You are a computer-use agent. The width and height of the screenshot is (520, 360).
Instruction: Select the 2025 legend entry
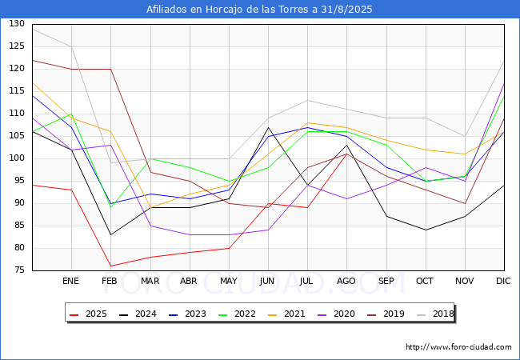(88, 314)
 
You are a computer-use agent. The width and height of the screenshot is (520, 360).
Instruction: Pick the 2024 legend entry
(138, 314)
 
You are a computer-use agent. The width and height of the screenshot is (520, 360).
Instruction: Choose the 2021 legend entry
(286, 314)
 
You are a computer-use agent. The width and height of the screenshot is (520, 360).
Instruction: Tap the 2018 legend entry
(435, 314)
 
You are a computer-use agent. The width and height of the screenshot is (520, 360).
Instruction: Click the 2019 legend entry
(386, 314)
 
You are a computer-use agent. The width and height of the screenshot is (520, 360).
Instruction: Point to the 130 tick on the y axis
(17, 23)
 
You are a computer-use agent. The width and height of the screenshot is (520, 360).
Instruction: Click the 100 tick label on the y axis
(17, 158)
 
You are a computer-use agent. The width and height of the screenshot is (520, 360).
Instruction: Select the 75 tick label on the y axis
(19, 270)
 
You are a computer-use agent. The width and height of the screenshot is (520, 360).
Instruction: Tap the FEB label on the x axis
(110, 281)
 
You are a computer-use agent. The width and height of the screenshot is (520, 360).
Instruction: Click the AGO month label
(346, 281)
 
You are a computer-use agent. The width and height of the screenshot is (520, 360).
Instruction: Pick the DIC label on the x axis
(503, 281)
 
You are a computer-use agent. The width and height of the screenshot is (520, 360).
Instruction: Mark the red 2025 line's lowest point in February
(110, 266)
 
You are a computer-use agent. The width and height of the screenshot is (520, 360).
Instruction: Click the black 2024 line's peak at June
(268, 127)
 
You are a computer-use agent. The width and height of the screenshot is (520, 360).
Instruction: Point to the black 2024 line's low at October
(426, 230)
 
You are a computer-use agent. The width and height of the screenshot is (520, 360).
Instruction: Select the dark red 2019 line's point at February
(110, 69)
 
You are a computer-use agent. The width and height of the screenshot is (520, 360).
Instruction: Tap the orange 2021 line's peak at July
(308, 122)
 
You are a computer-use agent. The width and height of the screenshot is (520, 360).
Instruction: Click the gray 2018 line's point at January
(72, 46)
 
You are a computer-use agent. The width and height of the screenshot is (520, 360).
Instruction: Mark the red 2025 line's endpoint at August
(347, 154)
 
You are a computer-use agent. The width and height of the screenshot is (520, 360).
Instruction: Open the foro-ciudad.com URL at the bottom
(458, 347)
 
